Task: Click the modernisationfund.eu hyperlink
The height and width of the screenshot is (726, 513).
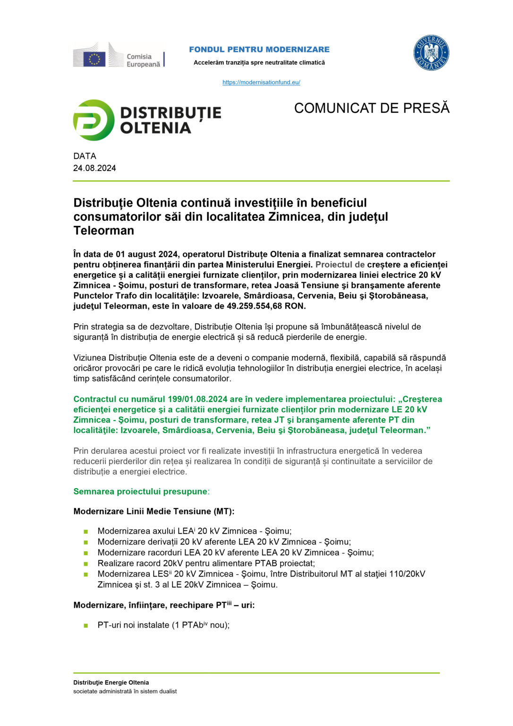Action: click(261, 82)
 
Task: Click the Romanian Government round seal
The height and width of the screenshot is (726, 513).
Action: click(431, 53)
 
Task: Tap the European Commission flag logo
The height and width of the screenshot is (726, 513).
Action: click(94, 59)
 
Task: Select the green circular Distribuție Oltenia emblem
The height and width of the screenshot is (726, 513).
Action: click(94, 120)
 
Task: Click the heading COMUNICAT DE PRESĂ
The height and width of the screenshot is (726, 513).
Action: click(371, 108)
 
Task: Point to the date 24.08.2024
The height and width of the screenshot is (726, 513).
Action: click(94, 168)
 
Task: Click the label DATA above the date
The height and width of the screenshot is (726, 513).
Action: click(85, 156)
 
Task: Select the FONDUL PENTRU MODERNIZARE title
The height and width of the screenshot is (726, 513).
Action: click(259, 50)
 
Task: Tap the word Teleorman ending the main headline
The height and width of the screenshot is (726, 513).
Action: click(104, 231)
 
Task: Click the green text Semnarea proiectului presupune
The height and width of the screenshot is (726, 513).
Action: click(140, 492)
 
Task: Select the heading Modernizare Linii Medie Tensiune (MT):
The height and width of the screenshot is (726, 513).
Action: click(154, 511)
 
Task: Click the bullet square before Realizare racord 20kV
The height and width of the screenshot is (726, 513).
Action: click(86, 564)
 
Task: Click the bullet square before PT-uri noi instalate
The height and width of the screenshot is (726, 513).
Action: click(86, 625)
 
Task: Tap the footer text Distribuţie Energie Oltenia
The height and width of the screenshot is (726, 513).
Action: click(111, 683)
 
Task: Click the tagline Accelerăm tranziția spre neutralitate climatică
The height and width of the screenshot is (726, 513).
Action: click(259, 63)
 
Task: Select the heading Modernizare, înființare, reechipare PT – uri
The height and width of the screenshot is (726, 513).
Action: click(164, 605)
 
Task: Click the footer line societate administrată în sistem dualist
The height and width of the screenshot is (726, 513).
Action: click(125, 691)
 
